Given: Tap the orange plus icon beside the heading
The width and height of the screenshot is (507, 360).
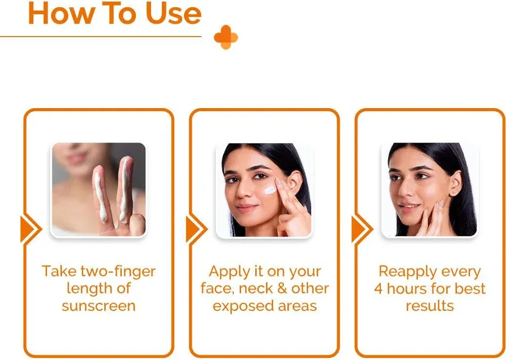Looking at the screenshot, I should (225, 37).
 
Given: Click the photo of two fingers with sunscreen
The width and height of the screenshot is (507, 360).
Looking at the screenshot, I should (99, 189).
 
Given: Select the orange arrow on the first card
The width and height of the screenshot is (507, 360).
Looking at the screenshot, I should (29, 229).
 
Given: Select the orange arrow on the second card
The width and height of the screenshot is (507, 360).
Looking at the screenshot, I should (195, 229).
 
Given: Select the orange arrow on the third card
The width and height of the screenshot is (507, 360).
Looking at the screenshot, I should (361, 229).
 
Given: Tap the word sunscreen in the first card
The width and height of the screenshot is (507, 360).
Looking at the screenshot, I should (99, 306).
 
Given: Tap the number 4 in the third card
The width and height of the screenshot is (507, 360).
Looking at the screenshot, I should (378, 289).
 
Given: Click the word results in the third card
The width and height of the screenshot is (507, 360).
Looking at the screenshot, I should (429, 306).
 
